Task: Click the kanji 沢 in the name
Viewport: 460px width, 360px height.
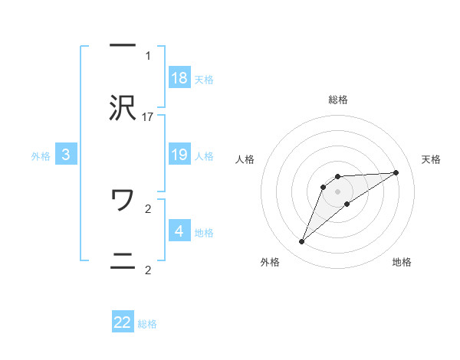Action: coord(123,110)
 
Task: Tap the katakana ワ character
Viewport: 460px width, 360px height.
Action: coord(123,201)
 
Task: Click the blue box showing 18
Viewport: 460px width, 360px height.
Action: coord(179,78)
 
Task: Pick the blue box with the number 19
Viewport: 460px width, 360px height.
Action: coord(179,155)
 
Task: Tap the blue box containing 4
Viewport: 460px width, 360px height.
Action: coord(179,231)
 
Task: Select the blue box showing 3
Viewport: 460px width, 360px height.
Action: coord(66,155)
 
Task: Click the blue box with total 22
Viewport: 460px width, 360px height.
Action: coord(123,322)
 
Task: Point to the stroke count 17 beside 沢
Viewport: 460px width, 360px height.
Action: coord(148,117)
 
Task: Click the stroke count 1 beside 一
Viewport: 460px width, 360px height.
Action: coord(148,55)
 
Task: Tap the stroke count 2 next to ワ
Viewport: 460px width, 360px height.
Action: coord(148,208)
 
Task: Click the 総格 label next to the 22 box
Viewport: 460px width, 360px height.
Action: coord(148,324)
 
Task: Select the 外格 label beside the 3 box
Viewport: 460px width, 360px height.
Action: coord(41,156)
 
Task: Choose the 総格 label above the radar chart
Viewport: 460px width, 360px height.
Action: coord(337,100)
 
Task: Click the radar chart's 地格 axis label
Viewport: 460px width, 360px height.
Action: coord(402,262)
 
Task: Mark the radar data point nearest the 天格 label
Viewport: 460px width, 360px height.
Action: coord(396,172)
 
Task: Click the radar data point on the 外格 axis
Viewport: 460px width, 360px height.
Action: coord(301,242)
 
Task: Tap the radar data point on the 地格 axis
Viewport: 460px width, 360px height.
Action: coord(347,203)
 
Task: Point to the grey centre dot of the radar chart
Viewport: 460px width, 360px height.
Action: coord(337,191)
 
